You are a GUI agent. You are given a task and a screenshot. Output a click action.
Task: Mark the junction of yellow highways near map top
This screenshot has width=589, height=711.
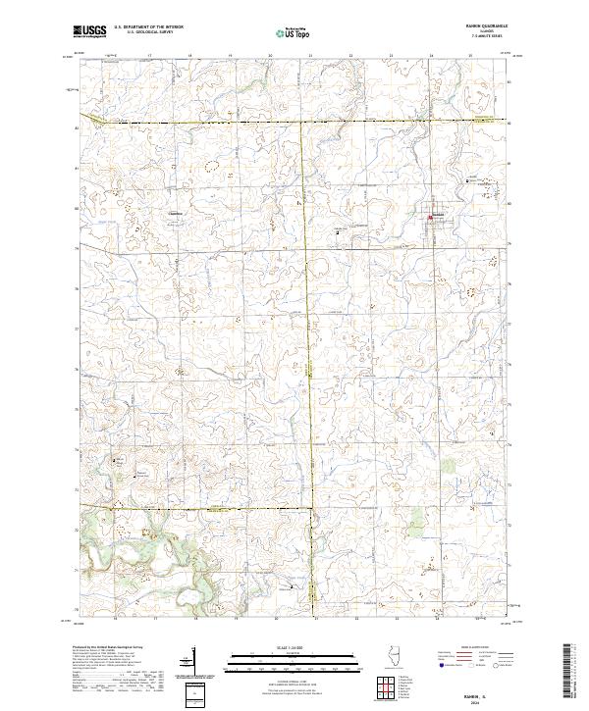[x=305, y=121]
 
